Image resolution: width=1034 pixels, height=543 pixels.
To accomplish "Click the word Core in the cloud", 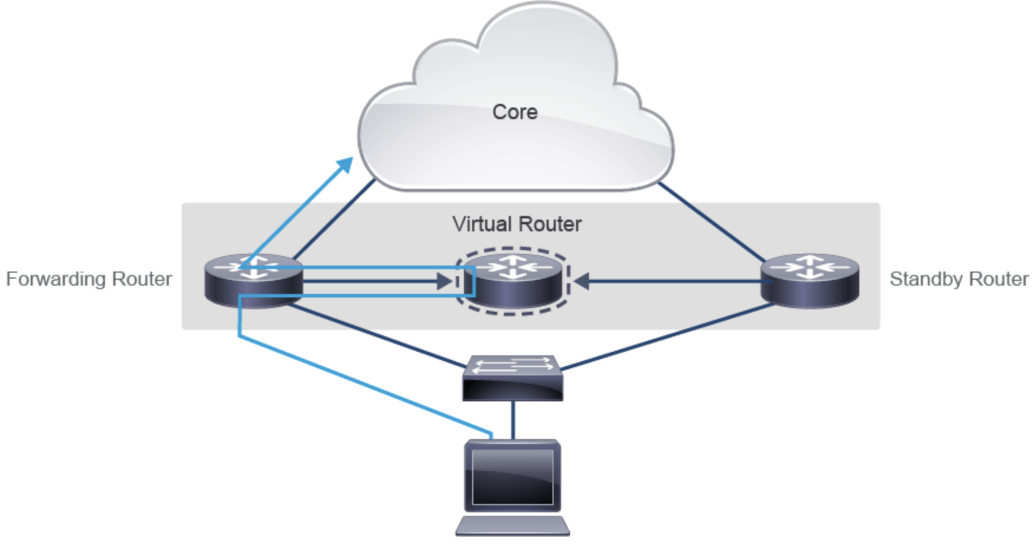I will click(515, 112).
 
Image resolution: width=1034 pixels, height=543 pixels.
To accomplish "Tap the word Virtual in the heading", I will click(482, 224).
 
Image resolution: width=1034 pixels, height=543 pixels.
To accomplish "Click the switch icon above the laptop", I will click(512, 378).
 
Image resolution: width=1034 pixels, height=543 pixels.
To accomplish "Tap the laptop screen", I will click(512, 477).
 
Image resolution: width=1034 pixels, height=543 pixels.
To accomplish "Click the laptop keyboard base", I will click(512, 526).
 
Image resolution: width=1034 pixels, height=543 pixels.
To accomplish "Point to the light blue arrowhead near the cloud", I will click(344, 166).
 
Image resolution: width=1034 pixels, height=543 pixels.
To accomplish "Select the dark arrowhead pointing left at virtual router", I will click(582, 282).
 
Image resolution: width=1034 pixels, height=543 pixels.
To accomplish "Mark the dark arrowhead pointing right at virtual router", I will click(444, 282).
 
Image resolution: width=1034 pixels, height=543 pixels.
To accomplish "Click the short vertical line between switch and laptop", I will click(513, 420).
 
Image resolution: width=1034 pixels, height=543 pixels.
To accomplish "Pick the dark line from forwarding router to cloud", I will click(333, 220).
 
